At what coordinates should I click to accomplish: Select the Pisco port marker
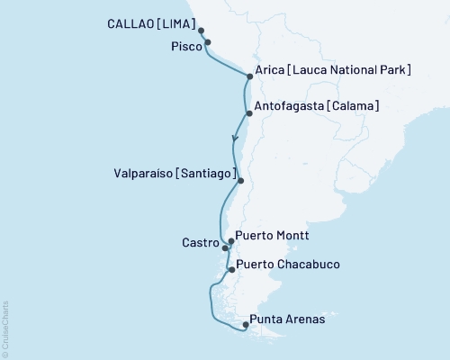pyautogui.click(x=208, y=42)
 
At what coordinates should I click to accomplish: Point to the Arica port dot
pyautogui.click(x=247, y=77)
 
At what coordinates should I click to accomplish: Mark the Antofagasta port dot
pyautogui.click(x=247, y=112)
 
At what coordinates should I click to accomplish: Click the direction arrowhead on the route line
pyautogui.click(x=235, y=139)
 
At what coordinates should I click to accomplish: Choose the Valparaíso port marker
pyautogui.click(x=240, y=180)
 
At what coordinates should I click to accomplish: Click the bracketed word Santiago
pyautogui.click(x=207, y=173)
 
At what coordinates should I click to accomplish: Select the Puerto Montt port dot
pyautogui.click(x=231, y=241)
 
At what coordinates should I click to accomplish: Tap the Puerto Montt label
pyautogui.click(x=273, y=236)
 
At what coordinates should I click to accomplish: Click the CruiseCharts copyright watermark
pyautogui.click(x=5, y=328)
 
